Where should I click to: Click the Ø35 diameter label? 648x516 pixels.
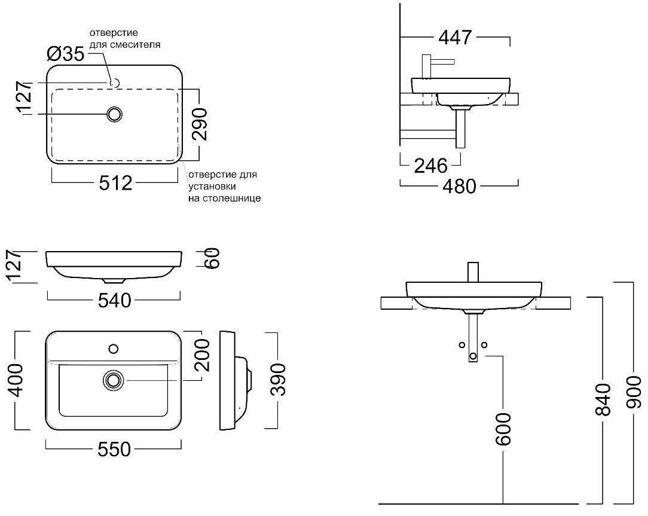(x=66, y=53)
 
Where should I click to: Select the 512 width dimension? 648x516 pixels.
(x=116, y=183)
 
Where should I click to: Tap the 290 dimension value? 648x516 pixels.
(x=200, y=124)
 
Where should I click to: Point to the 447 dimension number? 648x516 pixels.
(x=455, y=37)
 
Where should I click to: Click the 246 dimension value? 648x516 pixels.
(x=431, y=166)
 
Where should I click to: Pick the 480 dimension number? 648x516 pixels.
(x=460, y=187)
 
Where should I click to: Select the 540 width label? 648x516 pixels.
(x=114, y=300)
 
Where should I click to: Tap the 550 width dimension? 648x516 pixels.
(x=114, y=449)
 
